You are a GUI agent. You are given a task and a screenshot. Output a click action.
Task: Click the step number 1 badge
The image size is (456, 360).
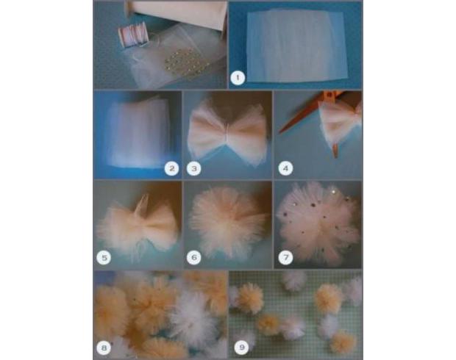(238, 78)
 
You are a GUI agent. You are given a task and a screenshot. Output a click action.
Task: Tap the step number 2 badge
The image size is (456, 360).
(171, 168)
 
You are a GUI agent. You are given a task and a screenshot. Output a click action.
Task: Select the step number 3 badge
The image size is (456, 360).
(194, 168)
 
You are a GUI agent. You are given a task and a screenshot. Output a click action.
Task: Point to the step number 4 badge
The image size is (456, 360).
(285, 168)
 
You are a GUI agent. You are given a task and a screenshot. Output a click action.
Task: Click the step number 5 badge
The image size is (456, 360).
(104, 257)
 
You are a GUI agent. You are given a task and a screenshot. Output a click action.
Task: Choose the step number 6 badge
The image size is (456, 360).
(194, 257)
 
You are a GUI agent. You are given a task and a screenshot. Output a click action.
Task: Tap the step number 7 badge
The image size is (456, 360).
(285, 257)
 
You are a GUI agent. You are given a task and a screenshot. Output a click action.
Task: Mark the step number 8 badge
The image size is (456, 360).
(104, 348)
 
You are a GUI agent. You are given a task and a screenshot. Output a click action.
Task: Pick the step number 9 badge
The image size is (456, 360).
(242, 347)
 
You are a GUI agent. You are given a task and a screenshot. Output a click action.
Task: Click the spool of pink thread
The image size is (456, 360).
(133, 35)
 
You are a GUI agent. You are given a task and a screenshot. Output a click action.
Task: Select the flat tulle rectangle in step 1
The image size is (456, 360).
(296, 46)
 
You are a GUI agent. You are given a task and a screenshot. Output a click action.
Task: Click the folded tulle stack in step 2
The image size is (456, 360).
(138, 132)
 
